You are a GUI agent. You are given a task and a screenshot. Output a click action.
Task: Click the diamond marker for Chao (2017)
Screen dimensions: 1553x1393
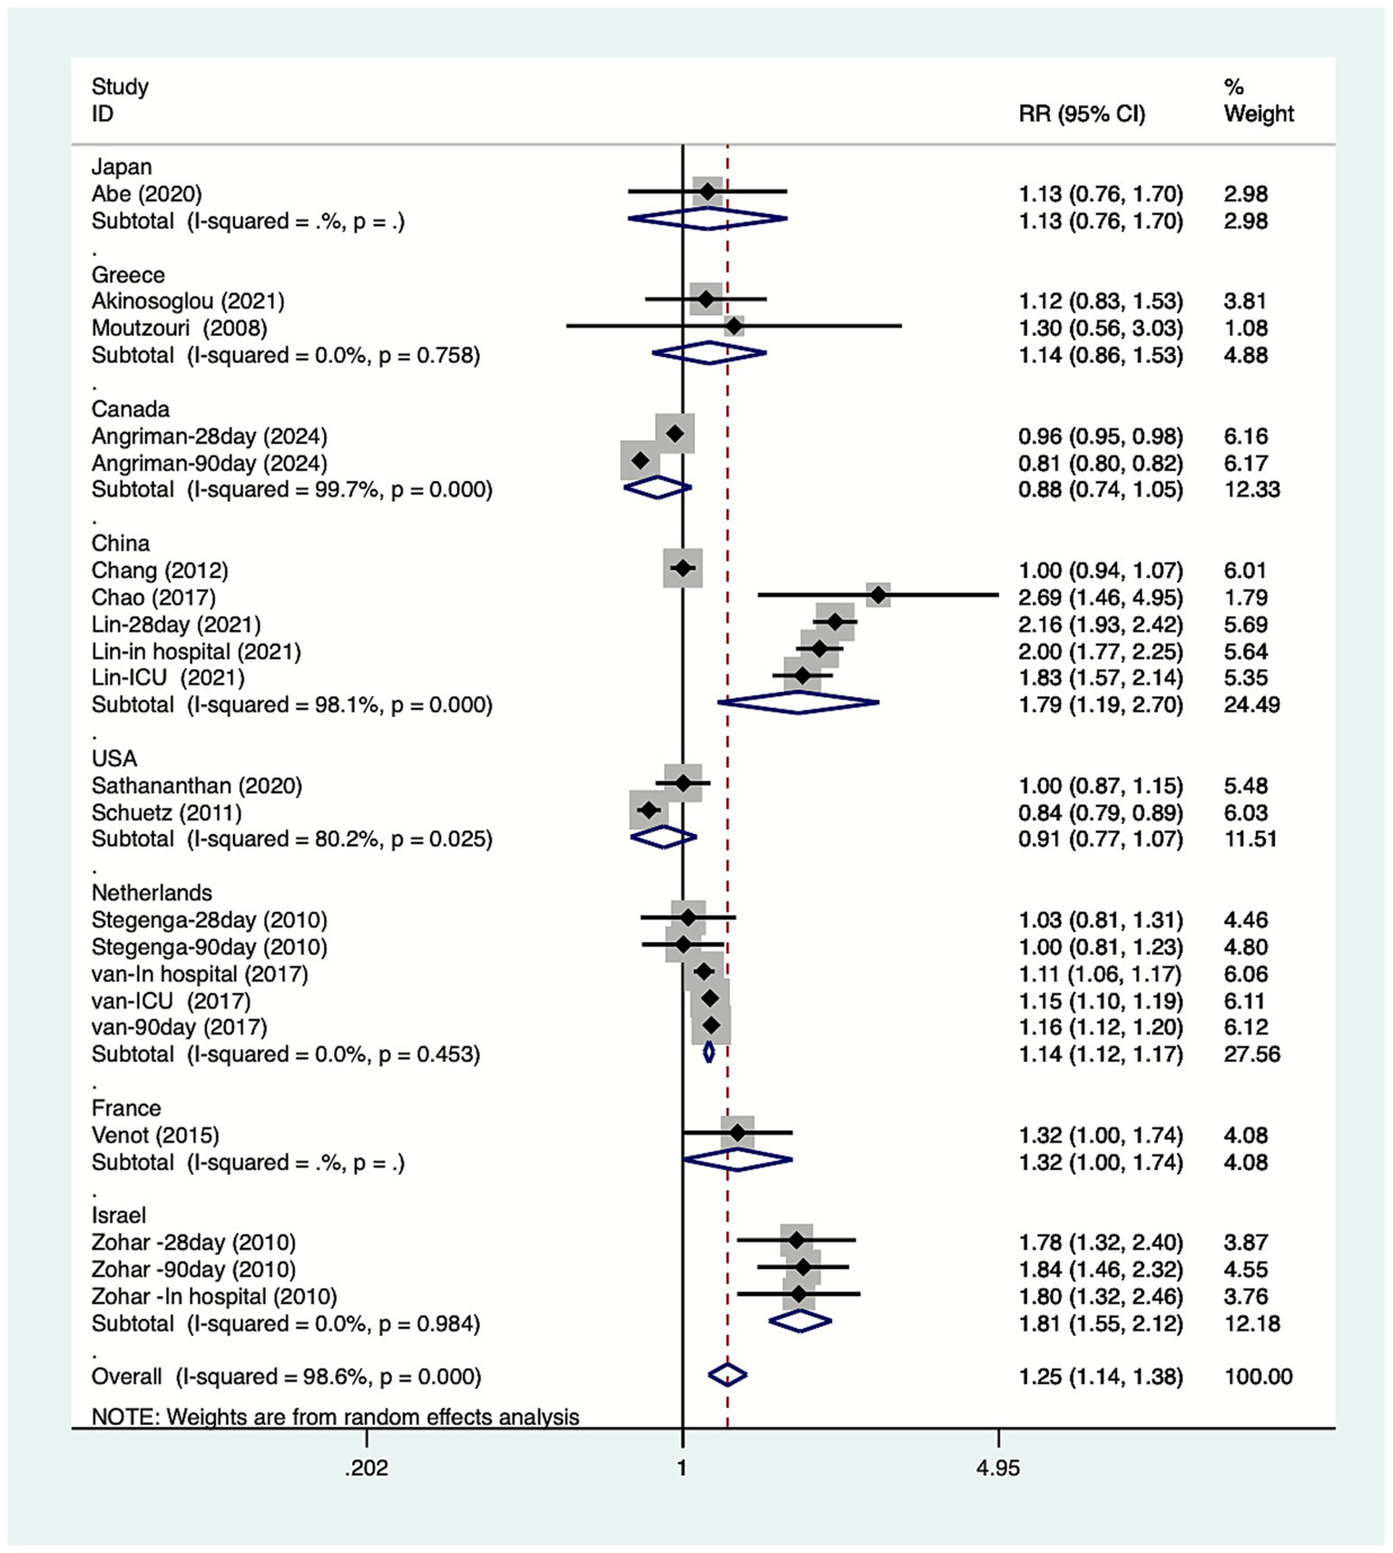point(878,595)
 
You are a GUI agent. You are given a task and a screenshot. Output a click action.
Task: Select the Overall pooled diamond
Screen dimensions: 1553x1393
point(727,1375)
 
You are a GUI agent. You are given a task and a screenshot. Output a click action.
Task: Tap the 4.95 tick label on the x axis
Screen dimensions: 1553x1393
point(998,1468)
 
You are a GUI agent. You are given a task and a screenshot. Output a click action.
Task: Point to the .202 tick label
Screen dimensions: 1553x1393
point(367,1468)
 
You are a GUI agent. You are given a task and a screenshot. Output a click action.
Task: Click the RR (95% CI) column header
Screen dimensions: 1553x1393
point(1082,114)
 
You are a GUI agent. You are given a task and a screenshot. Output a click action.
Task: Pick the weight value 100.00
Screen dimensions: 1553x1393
point(1258,1377)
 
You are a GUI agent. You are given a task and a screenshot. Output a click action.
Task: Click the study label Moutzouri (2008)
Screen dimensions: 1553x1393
point(179,328)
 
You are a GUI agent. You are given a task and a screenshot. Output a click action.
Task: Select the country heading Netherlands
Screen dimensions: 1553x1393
point(152,892)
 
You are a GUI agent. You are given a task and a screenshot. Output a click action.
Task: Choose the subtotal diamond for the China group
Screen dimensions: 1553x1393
point(798,703)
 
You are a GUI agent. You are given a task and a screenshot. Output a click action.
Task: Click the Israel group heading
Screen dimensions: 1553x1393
point(119,1215)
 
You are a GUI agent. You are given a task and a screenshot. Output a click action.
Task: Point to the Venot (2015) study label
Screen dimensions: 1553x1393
point(155,1135)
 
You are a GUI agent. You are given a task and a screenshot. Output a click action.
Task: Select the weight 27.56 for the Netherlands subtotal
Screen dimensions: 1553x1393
point(1251,1055)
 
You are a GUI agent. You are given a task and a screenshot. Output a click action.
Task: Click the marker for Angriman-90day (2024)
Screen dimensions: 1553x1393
point(640,461)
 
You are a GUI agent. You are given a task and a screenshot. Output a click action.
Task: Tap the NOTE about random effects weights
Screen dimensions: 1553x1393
point(335,1417)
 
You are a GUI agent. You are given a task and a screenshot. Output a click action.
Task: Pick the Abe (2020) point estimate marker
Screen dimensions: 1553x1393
point(707,192)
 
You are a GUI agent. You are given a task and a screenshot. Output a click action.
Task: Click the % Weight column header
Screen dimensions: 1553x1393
point(1258,101)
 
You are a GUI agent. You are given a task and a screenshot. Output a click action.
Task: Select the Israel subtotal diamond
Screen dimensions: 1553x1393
point(800,1322)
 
